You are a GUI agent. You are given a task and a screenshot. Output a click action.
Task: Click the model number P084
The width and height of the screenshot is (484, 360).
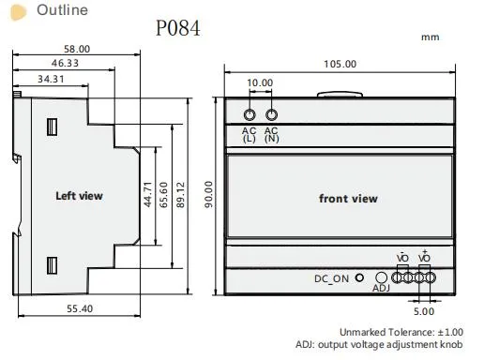(178, 28)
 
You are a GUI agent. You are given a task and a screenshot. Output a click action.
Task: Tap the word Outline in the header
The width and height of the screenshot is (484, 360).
(62, 10)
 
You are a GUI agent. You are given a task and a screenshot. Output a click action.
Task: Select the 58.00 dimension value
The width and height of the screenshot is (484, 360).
(77, 49)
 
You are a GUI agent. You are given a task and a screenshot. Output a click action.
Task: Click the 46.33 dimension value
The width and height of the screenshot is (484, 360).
(63, 63)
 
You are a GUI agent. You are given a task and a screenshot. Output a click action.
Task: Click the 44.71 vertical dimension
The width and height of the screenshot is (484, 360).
(146, 195)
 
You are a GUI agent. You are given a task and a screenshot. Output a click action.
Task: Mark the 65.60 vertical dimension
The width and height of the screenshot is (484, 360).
(164, 195)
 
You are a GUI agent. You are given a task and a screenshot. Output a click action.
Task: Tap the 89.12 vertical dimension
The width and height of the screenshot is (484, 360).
(182, 195)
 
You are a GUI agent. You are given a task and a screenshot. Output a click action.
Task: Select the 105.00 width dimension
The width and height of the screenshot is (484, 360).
(340, 64)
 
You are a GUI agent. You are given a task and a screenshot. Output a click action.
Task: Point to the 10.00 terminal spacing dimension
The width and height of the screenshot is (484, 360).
(260, 82)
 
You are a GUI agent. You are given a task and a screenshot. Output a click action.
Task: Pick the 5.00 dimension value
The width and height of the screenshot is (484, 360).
(424, 311)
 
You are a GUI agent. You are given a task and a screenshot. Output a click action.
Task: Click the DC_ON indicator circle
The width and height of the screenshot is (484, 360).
(360, 278)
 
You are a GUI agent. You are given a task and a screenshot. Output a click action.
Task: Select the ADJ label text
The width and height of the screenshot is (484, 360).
(381, 289)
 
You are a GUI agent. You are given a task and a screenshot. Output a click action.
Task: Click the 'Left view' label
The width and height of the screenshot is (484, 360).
(79, 196)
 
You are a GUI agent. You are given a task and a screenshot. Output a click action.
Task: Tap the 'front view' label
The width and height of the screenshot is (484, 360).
(348, 198)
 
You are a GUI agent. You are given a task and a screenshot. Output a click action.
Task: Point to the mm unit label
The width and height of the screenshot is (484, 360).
(431, 37)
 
